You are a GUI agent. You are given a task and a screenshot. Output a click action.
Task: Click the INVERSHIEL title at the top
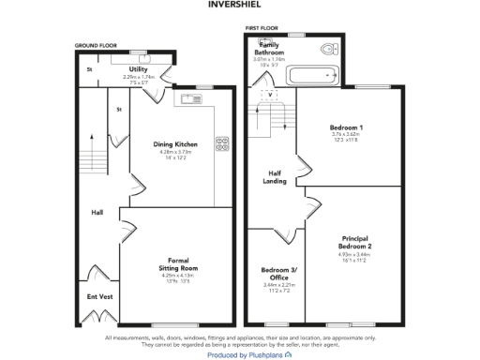click(x=241, y=5)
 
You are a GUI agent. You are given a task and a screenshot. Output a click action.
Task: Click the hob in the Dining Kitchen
click(x=223, y=143)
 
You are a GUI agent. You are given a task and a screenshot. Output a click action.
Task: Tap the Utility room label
click(x=139, y=68)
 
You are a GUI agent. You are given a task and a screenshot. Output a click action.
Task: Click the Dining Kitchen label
click(x=175, y=144)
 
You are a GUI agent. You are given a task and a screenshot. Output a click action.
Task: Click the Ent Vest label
click(x=99, y=297)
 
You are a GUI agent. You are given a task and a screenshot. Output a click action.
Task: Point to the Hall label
click(x=97, y=212)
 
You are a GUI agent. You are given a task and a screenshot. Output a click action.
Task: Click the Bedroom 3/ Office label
click(x=277, y=274)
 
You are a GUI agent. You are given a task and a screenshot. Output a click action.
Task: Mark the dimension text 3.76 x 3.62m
click(x=346, y=134)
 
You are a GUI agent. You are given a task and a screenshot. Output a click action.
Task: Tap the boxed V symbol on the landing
click(x=271, y=95)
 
